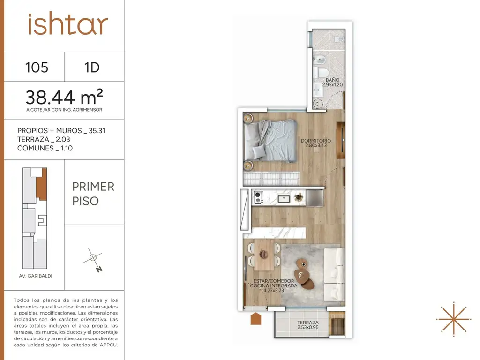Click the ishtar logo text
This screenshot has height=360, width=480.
click(x=67, y=24)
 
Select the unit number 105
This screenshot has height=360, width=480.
click(x=37, y=67)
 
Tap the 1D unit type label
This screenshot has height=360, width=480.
click(x=92, y=67)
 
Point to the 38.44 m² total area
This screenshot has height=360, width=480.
click(x=64, y=97)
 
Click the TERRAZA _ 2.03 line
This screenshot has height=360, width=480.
click(x=44, y=139)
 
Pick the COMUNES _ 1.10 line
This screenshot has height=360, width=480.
click(x=45, y=148)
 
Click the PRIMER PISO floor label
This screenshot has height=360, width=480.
click(x=93, y=194)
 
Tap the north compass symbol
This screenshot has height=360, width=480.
click(x=93, y=260)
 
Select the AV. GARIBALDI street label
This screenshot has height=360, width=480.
click(x=36, y=276)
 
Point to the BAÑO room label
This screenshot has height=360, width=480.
click(x=332, y=80)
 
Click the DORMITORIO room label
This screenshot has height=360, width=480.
click(x=316, y=141)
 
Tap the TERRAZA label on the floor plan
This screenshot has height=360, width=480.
click(x=307, y=322)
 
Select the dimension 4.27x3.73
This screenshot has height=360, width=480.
click(x=274, y=291)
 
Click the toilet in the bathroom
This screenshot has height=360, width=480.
click(x=321, y=73)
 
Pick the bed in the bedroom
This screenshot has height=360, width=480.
click(x=270, y=141)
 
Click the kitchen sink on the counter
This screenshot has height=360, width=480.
click(x=284, y=199)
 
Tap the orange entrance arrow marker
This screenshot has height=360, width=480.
click(x=256, y=319)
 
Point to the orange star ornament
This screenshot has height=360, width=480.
click(x=453, y=319)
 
